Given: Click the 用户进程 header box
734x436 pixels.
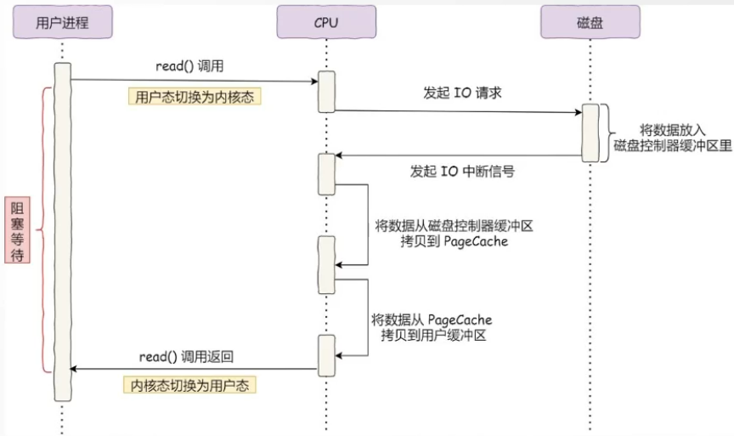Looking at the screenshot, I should click(62, 23).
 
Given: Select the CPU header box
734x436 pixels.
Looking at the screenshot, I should click(325, 23).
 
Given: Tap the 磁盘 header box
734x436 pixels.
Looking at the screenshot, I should click(590, 23).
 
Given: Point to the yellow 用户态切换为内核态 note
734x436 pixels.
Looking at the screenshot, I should click(195, 97).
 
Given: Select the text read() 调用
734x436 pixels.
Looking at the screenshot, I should click(189, 66).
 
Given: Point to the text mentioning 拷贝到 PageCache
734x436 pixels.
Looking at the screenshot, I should click(454, 234).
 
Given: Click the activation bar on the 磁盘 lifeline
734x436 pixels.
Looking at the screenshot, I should click(590, 133).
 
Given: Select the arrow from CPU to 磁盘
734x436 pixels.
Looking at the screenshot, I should click(459, 111).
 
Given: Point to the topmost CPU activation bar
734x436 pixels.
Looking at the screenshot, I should click(326, 93).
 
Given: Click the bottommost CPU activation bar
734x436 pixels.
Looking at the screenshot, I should click(326, 354).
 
